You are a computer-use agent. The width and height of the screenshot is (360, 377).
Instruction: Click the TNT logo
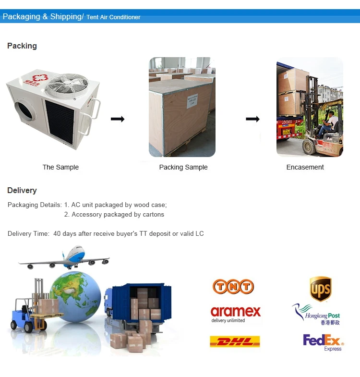pos(233,287)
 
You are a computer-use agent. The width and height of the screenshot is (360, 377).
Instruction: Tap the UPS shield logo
pos(320,289)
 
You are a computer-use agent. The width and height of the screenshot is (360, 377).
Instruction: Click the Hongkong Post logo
pos(316,314)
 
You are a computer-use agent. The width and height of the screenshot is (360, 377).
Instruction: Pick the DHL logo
pos(235,341)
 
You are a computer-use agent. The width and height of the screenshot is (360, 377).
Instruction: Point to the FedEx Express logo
pos(324,342)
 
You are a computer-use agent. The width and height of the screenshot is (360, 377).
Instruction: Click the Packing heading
pos(22,46)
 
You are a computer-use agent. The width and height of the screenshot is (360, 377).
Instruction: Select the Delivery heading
pos(22,191)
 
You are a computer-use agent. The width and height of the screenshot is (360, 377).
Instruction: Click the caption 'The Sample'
pos(60,167)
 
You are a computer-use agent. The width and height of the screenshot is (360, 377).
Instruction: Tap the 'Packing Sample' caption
pos(183,167)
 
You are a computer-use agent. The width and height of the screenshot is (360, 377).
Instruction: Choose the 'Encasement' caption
pos(305,167)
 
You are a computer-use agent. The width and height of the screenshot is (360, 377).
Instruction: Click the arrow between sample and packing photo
pos(118,119)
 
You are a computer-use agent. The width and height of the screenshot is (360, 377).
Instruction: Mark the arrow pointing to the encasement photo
pos(252,119)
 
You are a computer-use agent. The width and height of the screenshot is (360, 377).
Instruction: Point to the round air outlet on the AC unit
pos(25,115)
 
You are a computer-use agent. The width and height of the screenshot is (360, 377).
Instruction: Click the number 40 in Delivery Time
pos(57,234)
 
